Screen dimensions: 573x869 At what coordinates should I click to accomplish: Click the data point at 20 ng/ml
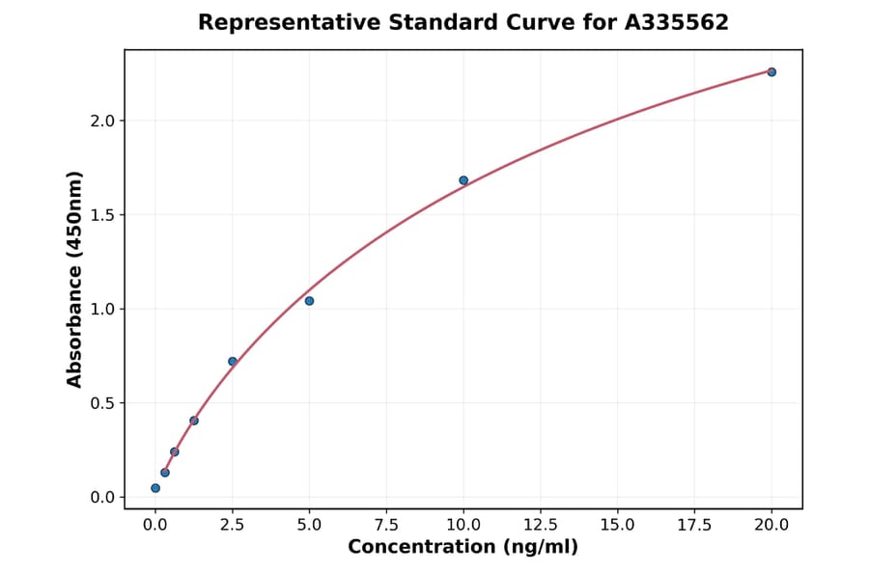coord(771,72)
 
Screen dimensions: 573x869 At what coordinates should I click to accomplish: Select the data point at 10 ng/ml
coord(463,180)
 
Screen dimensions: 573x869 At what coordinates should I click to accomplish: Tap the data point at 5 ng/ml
coord(309,301)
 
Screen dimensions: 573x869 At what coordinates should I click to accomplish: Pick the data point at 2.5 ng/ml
coord(233,362)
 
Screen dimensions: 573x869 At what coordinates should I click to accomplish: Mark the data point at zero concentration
coord(155,488)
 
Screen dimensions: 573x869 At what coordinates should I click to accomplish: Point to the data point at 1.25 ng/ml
coord(194,421)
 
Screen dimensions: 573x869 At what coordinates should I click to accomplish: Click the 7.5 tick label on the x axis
coord(386,525)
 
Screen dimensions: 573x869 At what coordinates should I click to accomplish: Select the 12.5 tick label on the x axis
coord(541,525)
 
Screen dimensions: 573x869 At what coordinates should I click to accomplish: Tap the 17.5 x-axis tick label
coord(694,525)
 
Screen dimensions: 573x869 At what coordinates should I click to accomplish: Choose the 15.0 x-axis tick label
coord(617,525)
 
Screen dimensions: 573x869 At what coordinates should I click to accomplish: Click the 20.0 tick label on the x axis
coord(771,525)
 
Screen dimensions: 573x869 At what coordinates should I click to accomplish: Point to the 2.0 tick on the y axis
coord(103,121)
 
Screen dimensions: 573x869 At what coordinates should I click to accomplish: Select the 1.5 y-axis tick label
coord(103,215)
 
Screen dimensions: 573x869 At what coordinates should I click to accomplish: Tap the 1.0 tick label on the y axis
coord(103,309)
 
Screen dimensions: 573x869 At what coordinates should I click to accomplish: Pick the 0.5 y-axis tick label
coord(103,403)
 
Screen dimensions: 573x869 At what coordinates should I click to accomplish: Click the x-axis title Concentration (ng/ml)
coord(463,548)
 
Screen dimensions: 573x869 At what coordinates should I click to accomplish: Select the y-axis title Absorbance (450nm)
coord(75,279)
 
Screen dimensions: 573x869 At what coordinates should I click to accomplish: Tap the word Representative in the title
coord(275,22)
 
